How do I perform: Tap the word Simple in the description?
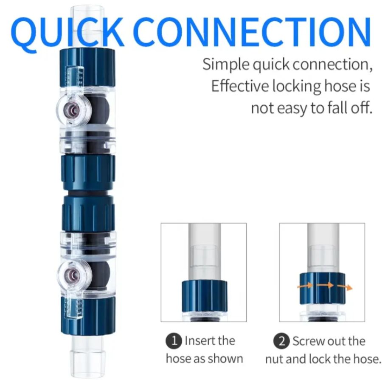(225, 65)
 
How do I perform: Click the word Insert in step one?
(199, 341)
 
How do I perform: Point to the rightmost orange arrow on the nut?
(347, 287)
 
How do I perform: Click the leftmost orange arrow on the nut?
(305, 286)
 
